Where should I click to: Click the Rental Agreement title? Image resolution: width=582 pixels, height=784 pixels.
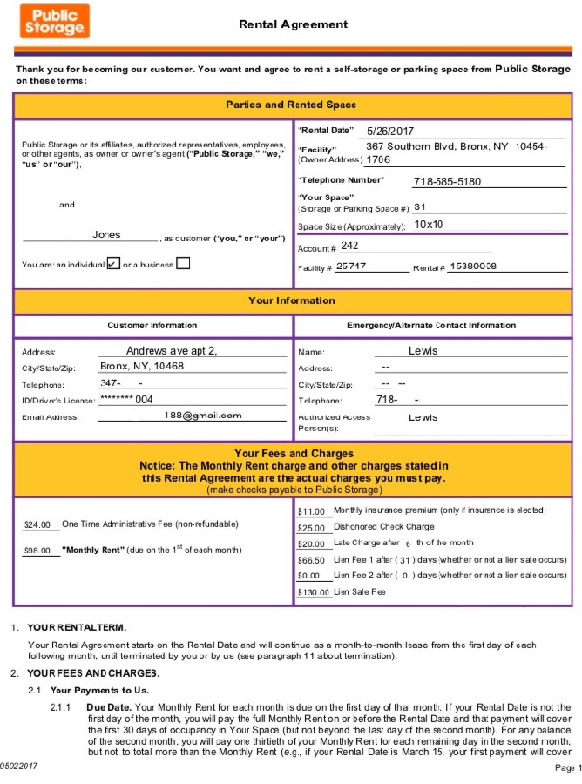click(x=293, y=24)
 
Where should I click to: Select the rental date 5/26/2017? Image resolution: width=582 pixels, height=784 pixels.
click(x=389, y=131)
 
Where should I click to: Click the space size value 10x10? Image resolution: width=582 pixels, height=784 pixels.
click(x=429, y=225)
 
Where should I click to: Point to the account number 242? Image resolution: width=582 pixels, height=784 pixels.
click(x=349, y=247)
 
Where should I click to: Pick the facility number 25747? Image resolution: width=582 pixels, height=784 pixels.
click(x=351, y=266)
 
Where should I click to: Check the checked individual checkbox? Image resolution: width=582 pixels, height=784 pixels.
click(x=112, y=263)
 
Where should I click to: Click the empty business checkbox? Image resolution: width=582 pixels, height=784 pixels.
click(x=183, y=263)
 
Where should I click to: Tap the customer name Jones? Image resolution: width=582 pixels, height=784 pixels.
click(x=106, y=235)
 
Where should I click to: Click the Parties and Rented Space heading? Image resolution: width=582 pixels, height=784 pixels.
click(x=291, y=105)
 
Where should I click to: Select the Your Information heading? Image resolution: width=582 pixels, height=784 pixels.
click(x=291, y=301)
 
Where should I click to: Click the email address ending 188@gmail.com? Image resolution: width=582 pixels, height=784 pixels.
click(x=202, y=416)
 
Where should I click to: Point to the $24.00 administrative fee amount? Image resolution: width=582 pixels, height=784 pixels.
click(x=37, y=524)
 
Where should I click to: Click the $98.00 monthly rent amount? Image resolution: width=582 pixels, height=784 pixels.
click(x=37, y=551)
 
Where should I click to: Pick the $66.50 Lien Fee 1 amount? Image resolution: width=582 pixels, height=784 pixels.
click(x=311, y=560)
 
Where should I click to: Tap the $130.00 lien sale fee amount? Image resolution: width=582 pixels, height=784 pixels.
click(x=314, y=592)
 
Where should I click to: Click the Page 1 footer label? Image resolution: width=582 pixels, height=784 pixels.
click(x=566, y=767)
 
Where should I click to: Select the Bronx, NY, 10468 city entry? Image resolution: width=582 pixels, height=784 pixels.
click(x=141, y=367)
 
